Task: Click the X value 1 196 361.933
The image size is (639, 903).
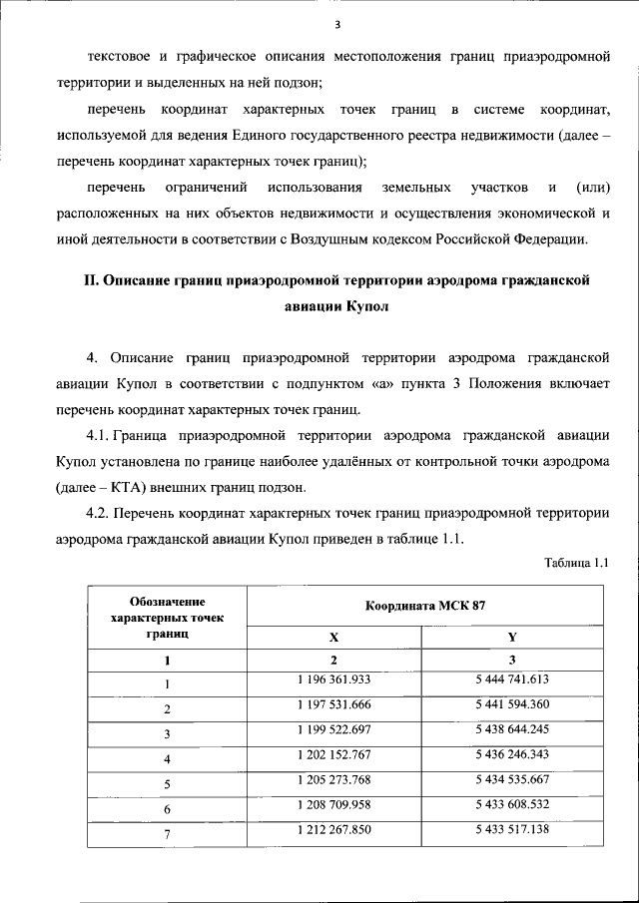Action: tap(333, 680)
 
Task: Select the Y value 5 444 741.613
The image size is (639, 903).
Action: tap(512, 680)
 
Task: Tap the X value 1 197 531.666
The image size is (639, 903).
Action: tap(333, 706)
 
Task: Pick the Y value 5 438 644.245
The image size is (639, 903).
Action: tap(512, 732)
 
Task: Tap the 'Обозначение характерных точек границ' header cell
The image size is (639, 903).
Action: tap(167, 618)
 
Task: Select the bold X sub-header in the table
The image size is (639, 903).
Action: tap(333, 637)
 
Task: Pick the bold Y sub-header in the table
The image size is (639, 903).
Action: tap(512, 637)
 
